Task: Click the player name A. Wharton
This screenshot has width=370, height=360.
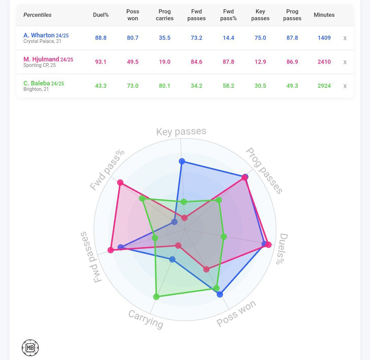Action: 39,35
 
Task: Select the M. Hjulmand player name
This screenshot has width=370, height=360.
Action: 41,59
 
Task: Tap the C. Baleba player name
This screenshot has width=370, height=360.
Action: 37,83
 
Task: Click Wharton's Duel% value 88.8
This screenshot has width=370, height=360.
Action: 101,38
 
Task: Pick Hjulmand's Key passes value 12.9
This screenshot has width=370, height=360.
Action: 260,62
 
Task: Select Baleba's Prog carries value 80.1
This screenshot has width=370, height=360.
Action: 164,86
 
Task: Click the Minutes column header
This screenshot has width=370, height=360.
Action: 324,15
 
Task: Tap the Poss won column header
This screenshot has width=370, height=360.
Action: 133,15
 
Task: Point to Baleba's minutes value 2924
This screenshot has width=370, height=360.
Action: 324,86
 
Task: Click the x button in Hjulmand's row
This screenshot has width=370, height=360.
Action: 345,62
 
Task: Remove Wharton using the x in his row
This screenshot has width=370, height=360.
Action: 345,38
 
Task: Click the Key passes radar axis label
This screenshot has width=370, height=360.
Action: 181,132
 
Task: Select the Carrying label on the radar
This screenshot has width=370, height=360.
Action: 146,319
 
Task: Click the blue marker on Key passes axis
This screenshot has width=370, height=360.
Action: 182,161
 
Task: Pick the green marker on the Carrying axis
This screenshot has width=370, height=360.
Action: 156,297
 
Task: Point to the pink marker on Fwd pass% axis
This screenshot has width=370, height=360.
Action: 120,182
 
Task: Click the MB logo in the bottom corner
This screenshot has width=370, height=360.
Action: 30,348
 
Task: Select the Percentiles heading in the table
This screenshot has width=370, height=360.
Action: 37,15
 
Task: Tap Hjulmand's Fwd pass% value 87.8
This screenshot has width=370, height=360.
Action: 228,62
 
